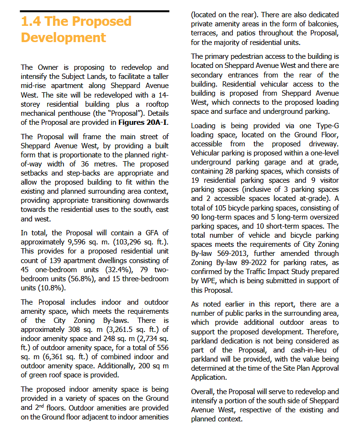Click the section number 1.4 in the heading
(x=32, y=22)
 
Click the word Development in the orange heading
(x=64, y=38)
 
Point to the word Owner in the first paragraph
(x=50, y=67)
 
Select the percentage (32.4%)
(x=112, y=270)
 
